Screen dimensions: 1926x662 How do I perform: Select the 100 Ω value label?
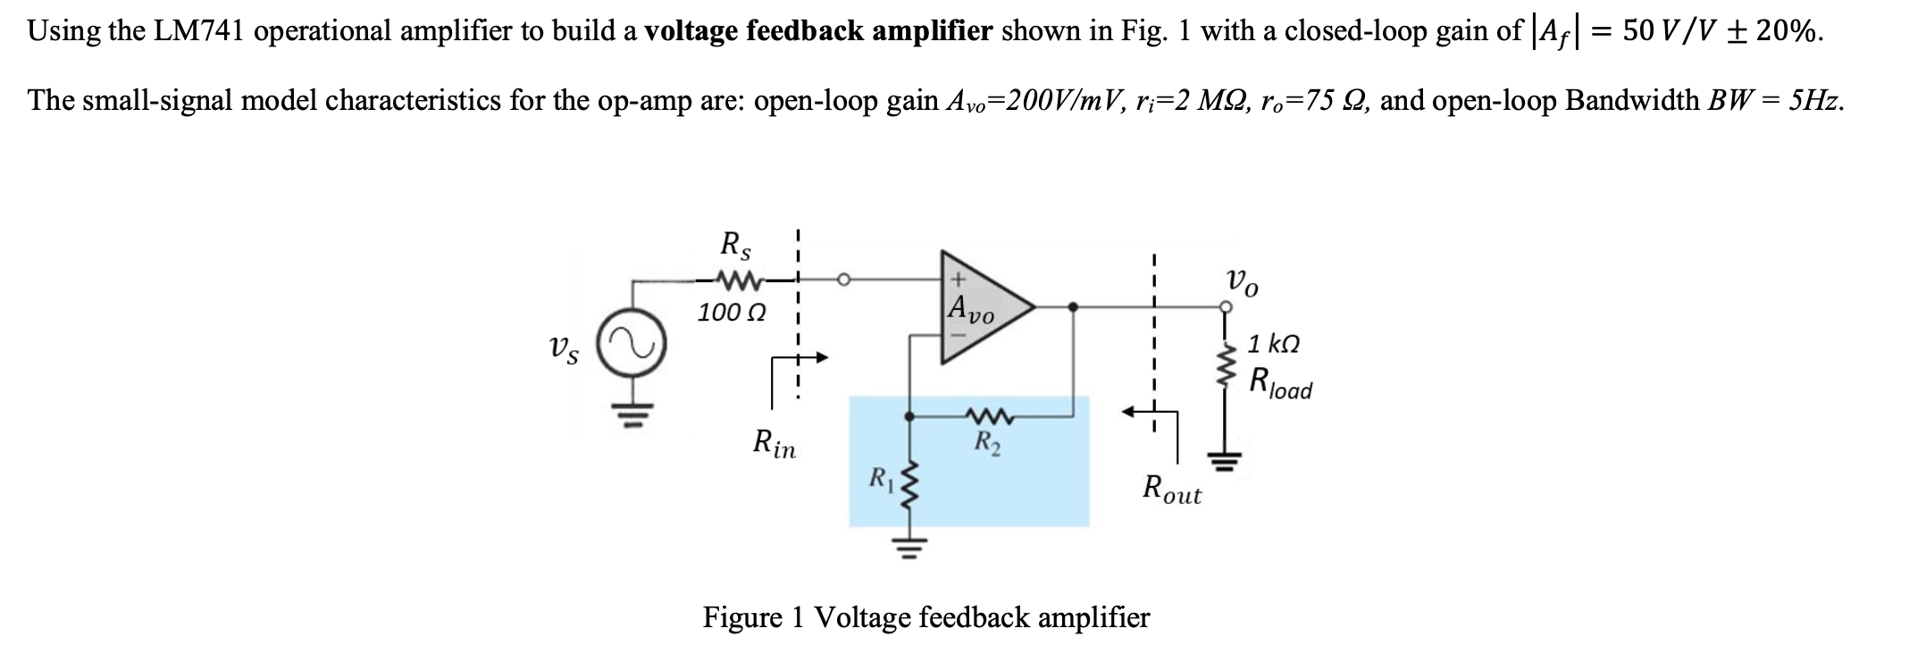click(x=732, y=314)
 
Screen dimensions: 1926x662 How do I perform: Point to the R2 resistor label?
click(x=987, y=440)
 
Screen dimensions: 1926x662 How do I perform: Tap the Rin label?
click(x=775, y=444)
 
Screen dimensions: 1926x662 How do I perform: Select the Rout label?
click(x=1173, y=490)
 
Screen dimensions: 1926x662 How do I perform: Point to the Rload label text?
click(x=1281, y=384)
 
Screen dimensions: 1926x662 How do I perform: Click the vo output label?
click(x=1244, y=283)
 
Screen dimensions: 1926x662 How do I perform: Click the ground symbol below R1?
click(x=909, y=545)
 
